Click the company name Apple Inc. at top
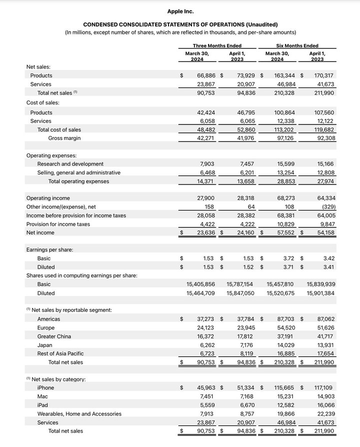(x=180, y=11)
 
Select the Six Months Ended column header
(x=297, y=46)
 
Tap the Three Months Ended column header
(x=217, y=46)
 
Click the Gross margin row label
(x=64, y=138)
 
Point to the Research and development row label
(x=70, y=164)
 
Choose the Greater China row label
(x=54, y=336)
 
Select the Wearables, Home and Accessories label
(x=79, y=413)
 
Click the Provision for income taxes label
(x=58, y=224)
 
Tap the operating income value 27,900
(x=206, y=198)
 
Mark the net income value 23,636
(x=206, y=232)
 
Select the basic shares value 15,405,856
(x=200, y=284)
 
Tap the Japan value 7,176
(x=247, y=345)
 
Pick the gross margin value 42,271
(x=206, y=138)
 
